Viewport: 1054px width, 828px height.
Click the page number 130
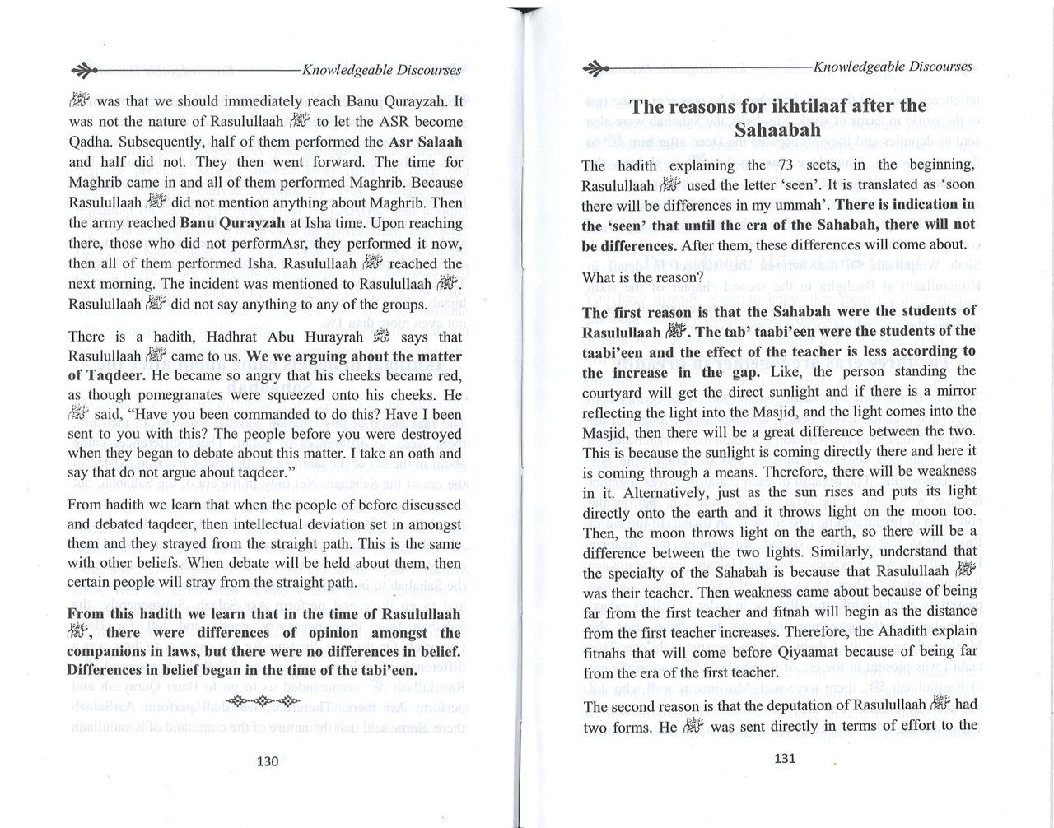(x=268, y=761)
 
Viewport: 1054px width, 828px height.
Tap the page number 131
(x=785, y=758)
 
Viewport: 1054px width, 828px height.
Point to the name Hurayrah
(x=332, y=337)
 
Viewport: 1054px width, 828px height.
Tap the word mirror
(x=954, y=392)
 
